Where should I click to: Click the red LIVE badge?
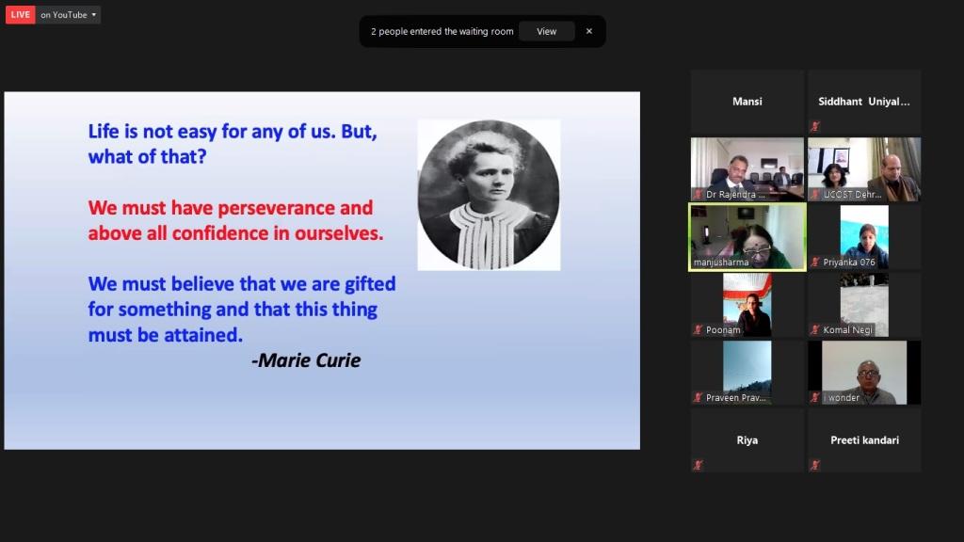[x=21, y=15]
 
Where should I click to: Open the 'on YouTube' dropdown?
[x=68, y=15]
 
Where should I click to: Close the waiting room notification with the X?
[x=589, y=31]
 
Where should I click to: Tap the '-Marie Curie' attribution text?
[x=306, y=360]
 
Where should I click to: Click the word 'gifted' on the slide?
[x=370, y=284]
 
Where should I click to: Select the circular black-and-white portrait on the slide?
[x=489, y=195]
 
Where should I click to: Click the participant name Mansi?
[x=747, y=102]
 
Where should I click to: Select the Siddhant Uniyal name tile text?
[x=864, y=102]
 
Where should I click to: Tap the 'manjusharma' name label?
[x=721, y=263]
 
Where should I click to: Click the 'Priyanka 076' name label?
[x=849, y=263]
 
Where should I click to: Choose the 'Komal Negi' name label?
[x=848, y=330]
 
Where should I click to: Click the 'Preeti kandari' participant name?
[x=864, y=440]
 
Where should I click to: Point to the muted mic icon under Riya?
[x=698, y=465]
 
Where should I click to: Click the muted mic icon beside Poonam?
[x=698, y=330]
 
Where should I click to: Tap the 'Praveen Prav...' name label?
[x=736, y=398]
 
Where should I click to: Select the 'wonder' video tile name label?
[x=843, y=398]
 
